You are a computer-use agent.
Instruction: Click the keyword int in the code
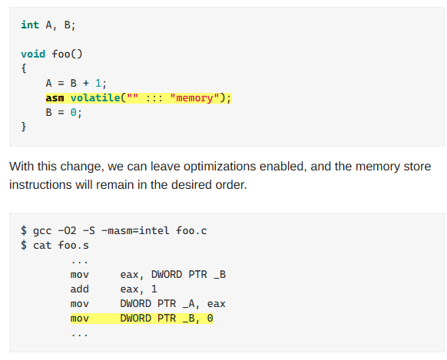coord(30,25)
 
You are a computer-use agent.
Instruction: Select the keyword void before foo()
coord(33,54)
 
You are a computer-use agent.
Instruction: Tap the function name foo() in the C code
coord(67,54)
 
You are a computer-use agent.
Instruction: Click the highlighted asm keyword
coord(55,98)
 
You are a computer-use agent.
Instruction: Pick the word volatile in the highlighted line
coord(95,97)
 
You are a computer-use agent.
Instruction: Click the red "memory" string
coord(195,98)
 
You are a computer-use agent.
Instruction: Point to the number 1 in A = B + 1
coord(98,83)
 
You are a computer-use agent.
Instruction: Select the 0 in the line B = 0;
coord(73,113)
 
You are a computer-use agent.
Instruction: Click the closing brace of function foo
coord(24,127)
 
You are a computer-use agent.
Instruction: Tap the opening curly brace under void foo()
coord(24,68)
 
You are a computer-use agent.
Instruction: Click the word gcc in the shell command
coord(42,231)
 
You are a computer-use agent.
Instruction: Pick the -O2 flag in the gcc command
coord(68,230)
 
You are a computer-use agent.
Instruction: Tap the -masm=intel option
coord(135,230)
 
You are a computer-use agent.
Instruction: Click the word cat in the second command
coord(42,245)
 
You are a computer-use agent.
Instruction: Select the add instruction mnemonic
coord(80,289)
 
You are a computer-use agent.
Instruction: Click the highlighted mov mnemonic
coord(80,319)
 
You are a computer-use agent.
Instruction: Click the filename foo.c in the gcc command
coord(191,230)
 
